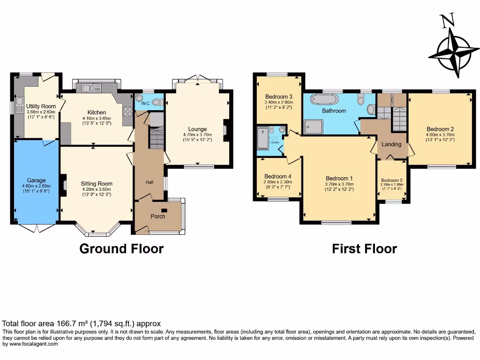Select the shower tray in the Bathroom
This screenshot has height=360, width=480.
pos(314,125)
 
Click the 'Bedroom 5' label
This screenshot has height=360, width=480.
pos(391,180)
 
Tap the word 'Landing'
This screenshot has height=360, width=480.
pos(391,144)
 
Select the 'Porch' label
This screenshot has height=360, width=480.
pos(157,217)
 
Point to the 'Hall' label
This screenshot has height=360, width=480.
pos(149,183)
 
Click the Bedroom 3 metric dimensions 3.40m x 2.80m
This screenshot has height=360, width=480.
pos(278,102)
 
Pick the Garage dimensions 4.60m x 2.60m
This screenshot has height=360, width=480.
pos(36,186)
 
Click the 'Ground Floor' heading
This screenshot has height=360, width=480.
pos(121,248)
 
